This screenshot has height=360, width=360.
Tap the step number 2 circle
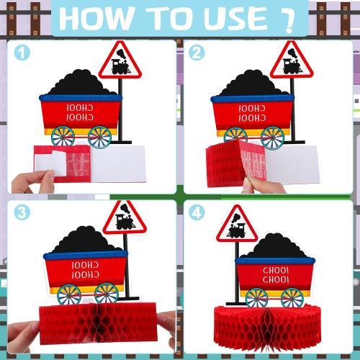point(196,53)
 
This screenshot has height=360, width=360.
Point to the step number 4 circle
point(196,212)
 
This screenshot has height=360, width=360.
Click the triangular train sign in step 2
point(292,61)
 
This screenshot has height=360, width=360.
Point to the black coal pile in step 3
point(85,242)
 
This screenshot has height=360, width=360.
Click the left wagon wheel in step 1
point(62,137)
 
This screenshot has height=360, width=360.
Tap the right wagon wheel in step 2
point(272,136)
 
